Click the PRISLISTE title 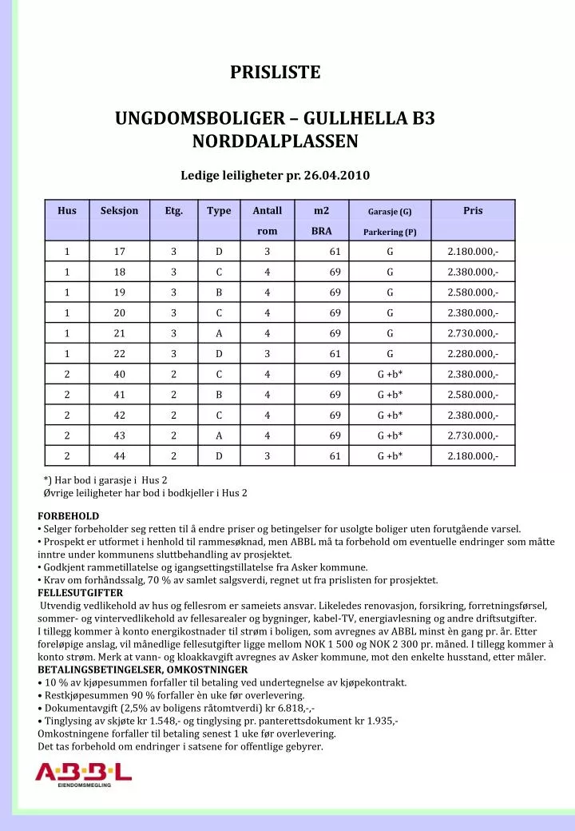click(x=276, y=73)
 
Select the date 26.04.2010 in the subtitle click(x=337, y=175)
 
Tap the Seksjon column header click(x=119, y=211)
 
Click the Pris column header click(x=473, y=211)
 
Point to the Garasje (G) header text click(x=390, y=212)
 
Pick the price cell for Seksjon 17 click(x=473, y=252)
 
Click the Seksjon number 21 click(x=119, y=333)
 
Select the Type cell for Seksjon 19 click(x=219, y=292)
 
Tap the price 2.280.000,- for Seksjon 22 click(x=473, y=354)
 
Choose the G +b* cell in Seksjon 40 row click(x=390, y=374)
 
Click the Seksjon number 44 click(x=119, y=456)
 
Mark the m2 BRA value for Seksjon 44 click(x=335, y=456)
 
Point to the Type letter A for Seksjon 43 click(x=219, y=435)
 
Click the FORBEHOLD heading click(x=69, y=516)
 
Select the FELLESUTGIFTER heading click(x=80, y=593)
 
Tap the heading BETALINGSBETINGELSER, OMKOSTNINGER click(x=142, y=670)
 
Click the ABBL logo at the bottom click(x=83, y=773)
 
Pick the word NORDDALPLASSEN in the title click(x=276, y=141)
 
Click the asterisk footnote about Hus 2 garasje click(x=105, y=480)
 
